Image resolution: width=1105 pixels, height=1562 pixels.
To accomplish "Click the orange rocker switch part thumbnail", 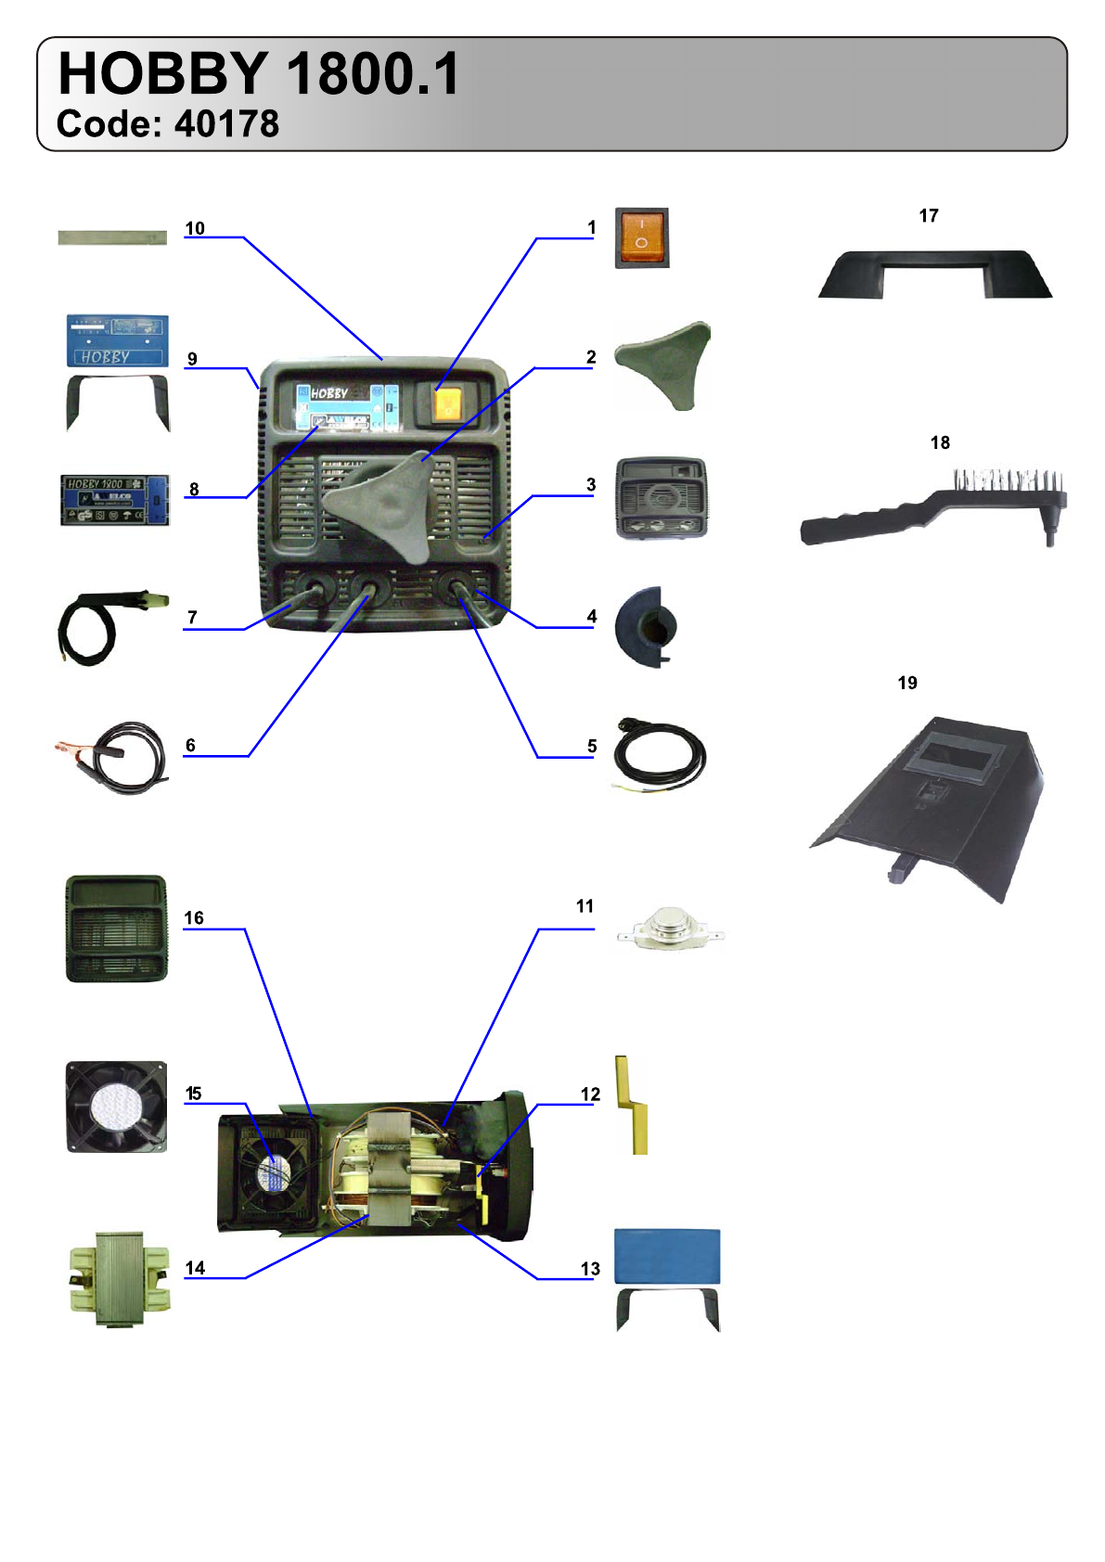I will point(641,238).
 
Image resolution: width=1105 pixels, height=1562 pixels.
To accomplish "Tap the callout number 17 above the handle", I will point(929,215).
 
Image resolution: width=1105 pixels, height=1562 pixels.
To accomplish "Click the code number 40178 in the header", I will point(226,124).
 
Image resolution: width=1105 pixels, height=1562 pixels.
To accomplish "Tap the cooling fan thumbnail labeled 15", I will point(117,1107).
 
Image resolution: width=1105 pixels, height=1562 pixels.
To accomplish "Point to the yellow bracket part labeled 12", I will point(635,1105).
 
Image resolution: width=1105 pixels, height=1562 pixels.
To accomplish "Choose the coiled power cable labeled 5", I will point(659,755).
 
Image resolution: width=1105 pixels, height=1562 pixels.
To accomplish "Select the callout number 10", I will point(195,228).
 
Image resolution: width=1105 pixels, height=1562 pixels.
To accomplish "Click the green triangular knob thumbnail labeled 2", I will point(664,365).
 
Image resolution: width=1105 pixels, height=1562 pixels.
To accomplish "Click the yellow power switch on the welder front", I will point(447,403).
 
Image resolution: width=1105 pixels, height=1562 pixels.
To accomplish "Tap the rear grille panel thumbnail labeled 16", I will point(117,928).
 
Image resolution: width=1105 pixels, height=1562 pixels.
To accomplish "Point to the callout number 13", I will point(590,1268).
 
